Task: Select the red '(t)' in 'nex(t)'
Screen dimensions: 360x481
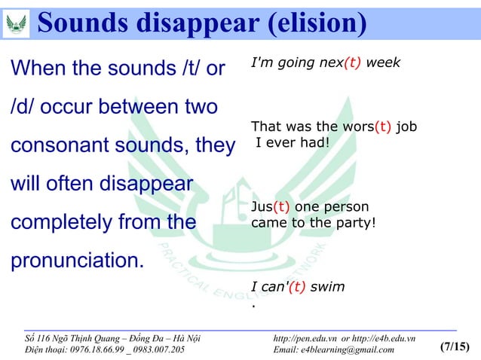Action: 351,63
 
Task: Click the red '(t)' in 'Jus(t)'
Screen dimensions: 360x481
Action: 280,207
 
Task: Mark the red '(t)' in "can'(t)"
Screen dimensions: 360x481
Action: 295,287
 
